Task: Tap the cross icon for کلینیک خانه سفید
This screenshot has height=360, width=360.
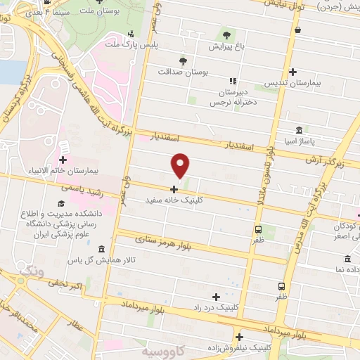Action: click(x=174, y=188)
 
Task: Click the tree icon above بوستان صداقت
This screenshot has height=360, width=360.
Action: click(x=183, y=60)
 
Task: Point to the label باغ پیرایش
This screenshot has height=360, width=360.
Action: click(x=226, y=46)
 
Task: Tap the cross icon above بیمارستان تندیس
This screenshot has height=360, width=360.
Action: click(x=292, y=72)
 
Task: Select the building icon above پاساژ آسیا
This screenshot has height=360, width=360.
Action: click(x=300, y=131)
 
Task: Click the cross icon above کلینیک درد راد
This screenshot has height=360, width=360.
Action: click(x=216, y=297)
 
